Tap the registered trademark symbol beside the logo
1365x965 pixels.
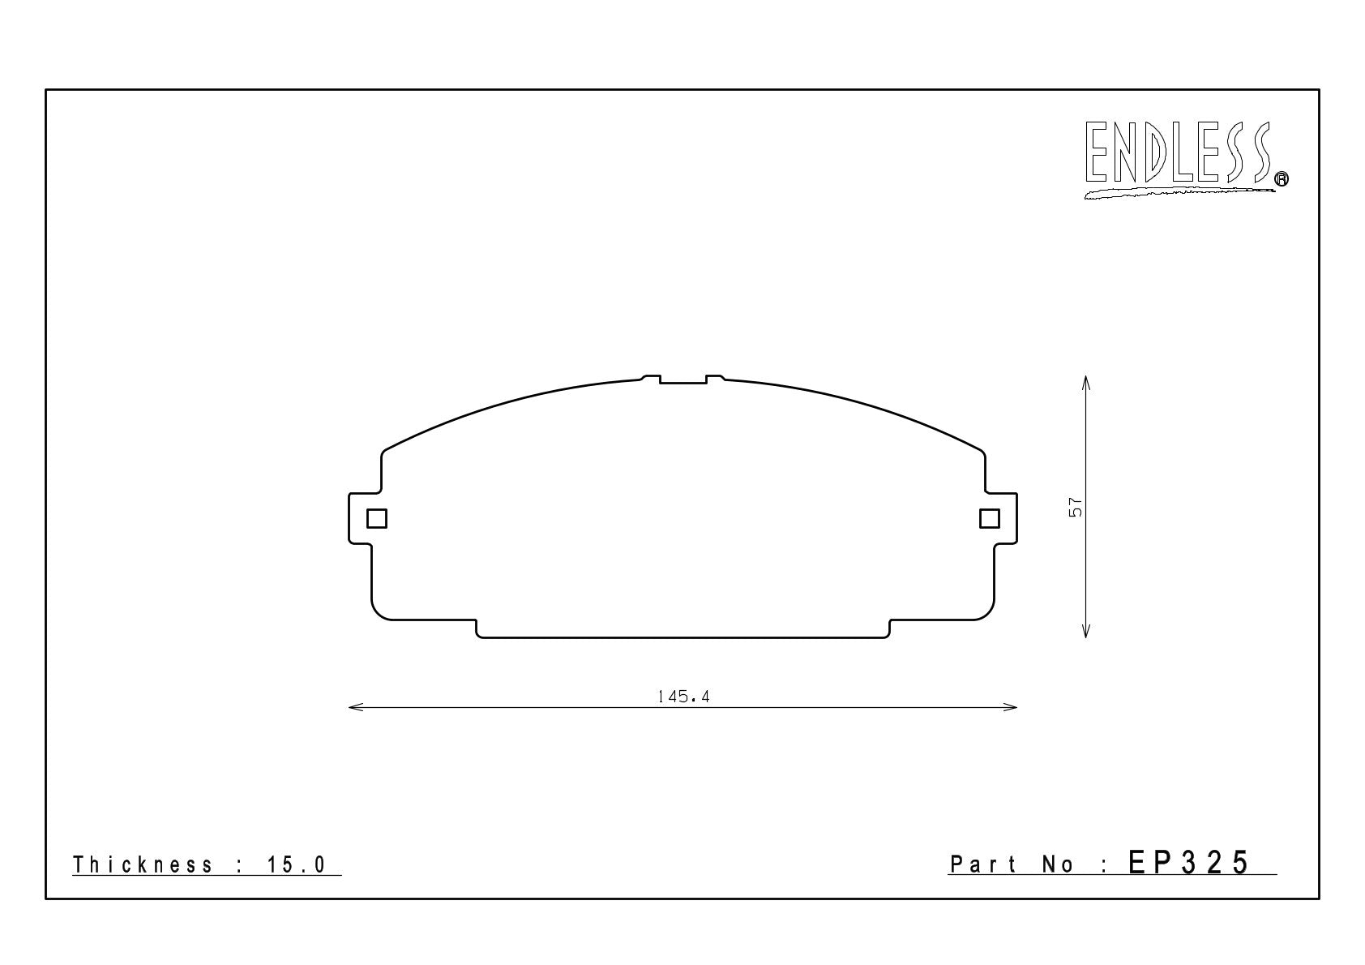[x=1282, y=178]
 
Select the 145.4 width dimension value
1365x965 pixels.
[x=684, y=697]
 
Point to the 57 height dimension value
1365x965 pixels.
[x=1076, y=507]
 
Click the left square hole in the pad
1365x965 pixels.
[x=377, y=519]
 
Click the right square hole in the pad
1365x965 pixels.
[x=990, y=519]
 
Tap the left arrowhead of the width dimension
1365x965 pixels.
[x=355, y=707]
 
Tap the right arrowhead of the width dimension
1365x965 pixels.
[x=1010, y=707]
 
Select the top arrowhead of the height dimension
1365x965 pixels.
[x=1085, y=383]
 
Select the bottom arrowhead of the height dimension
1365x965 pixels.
[x=1085, y=630]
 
